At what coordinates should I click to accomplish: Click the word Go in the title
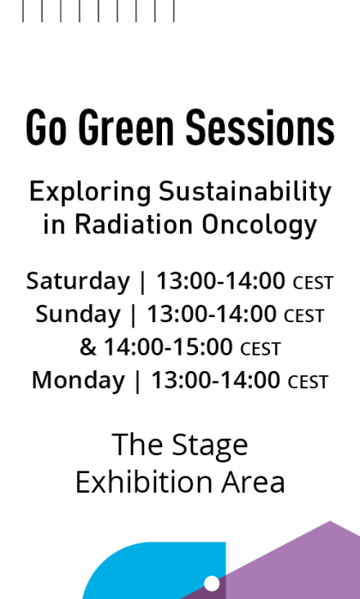[x=46, y=129]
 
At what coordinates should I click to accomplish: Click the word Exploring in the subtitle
[x=78, y=192]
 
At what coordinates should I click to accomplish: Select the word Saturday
[x=78, y=281]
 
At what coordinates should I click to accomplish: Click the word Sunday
[x=78, y=314]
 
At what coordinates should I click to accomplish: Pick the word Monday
[x=78, y=380]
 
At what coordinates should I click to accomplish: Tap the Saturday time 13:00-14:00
[x=220, y=281]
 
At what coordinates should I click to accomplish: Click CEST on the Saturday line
[x=313, y=283]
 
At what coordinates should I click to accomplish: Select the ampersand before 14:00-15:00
[x=88, y=347]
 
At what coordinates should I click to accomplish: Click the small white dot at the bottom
[x=212, y=584]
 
